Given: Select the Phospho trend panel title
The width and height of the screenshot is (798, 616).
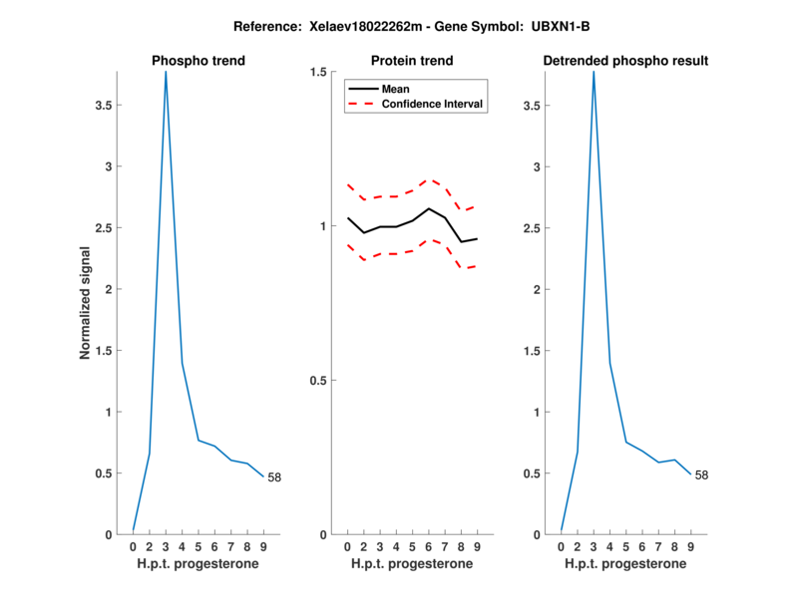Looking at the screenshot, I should [199, 61].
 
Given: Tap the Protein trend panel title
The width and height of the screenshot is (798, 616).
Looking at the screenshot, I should [412, 61].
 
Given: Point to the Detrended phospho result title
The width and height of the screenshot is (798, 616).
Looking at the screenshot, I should [625, 61].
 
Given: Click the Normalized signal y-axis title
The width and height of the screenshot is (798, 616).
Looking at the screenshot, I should [87, 303].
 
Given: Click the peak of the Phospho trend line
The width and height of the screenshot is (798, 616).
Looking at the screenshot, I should [166, 73].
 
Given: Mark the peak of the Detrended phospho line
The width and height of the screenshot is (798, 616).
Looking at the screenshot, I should [594, 73].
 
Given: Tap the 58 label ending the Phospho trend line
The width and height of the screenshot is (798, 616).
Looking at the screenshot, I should [274, 477].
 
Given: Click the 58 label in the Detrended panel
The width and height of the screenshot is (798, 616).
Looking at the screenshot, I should [702, 475].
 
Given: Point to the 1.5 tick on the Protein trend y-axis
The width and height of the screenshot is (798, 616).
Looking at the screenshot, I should [318, 73].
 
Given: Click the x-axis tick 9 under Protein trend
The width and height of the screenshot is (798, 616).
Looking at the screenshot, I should [478, 546].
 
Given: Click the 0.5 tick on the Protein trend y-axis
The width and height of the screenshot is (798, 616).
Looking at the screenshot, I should [318, 381].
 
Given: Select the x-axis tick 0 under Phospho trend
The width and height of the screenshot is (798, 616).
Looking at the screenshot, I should [134, 546].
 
